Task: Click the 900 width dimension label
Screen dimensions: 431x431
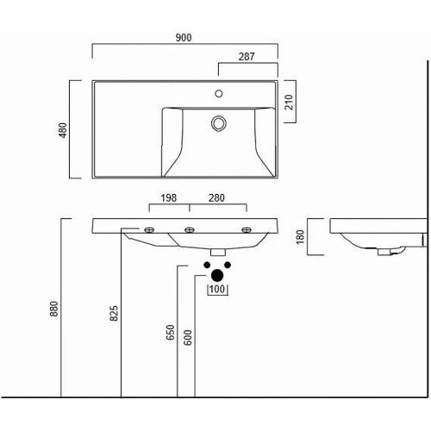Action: coord(184,38)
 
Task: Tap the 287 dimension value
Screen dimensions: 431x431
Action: coord(247,57)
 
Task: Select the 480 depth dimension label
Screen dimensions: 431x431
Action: coord(63,130)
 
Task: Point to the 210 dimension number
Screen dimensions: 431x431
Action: coord(289,102)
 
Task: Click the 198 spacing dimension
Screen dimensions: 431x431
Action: coord(169,198)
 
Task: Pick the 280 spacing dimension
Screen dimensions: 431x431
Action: coord(216,198)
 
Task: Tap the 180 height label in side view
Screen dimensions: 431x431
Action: coord(300,237)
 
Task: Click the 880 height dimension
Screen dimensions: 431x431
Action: coord(53,309)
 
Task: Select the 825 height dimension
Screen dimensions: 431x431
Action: coord(114,313)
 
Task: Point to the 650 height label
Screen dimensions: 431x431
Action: coord(171,333)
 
